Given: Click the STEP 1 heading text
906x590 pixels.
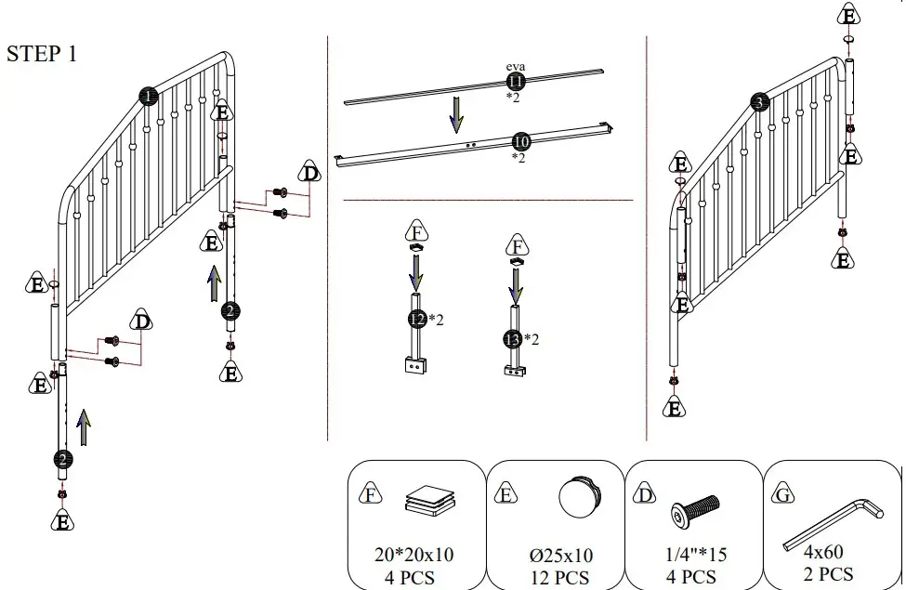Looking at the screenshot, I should coord(42,54).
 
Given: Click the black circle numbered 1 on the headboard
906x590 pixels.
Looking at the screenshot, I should coord(149,95).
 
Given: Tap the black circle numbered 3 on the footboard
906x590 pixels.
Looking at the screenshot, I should coord(761,103).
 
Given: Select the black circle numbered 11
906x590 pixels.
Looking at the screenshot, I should coord(516,82).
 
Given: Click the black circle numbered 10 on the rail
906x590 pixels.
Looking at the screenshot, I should coord(520,141).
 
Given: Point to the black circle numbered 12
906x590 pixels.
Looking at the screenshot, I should coord(417,320).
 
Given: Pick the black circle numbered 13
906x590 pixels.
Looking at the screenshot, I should coord(512,339).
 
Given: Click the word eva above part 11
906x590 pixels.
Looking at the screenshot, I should coord(516,67).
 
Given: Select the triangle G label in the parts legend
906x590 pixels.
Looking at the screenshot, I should coord(783,495).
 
